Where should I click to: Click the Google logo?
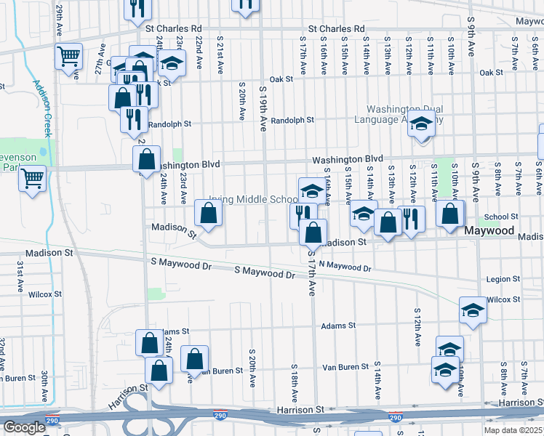[x=24, y=427]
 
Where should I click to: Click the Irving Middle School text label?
[x=253, y=199]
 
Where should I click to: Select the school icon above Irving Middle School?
[x=312, y=191]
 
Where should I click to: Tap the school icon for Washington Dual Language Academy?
[x=421, y=124]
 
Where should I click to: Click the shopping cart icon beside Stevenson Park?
[x=32, y=177]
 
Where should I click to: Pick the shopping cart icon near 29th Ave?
[x=68, y=55]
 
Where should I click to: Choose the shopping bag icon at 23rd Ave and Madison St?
[x=209, y=214]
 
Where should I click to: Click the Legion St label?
[x=500, y=279]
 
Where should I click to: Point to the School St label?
[x=501, y=217]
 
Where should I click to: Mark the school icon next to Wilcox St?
[x=473, y=310]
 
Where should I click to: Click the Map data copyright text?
[x=513, y=430]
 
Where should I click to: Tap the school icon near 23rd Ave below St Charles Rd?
[x=172, y=64]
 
